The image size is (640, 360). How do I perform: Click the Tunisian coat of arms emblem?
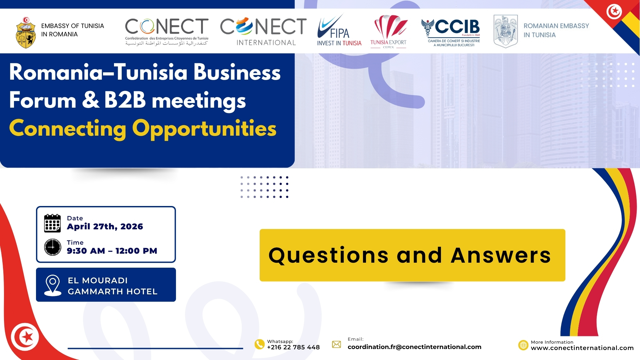26,33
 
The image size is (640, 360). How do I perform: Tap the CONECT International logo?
263,31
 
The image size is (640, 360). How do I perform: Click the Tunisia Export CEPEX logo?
389,31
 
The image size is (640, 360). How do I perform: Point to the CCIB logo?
451,33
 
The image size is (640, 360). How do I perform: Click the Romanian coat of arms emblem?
506,31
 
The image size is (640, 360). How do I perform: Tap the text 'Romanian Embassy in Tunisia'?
556,30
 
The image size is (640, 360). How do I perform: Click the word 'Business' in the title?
237,72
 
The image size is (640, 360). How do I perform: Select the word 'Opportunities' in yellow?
204,129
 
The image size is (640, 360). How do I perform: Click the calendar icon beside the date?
52,223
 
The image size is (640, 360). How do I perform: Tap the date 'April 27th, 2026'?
105,227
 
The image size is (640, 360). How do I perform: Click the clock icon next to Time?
53,247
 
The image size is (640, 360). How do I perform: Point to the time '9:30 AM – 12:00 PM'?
112,251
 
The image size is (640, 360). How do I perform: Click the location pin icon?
53,285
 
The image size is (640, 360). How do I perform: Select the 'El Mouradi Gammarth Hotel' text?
113,286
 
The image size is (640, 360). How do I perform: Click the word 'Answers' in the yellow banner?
501,255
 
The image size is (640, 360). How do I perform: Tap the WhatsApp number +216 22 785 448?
293,347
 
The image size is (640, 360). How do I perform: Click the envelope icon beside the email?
337,344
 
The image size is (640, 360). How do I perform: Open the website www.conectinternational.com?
582,348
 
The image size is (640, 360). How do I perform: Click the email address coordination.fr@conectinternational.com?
414,347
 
